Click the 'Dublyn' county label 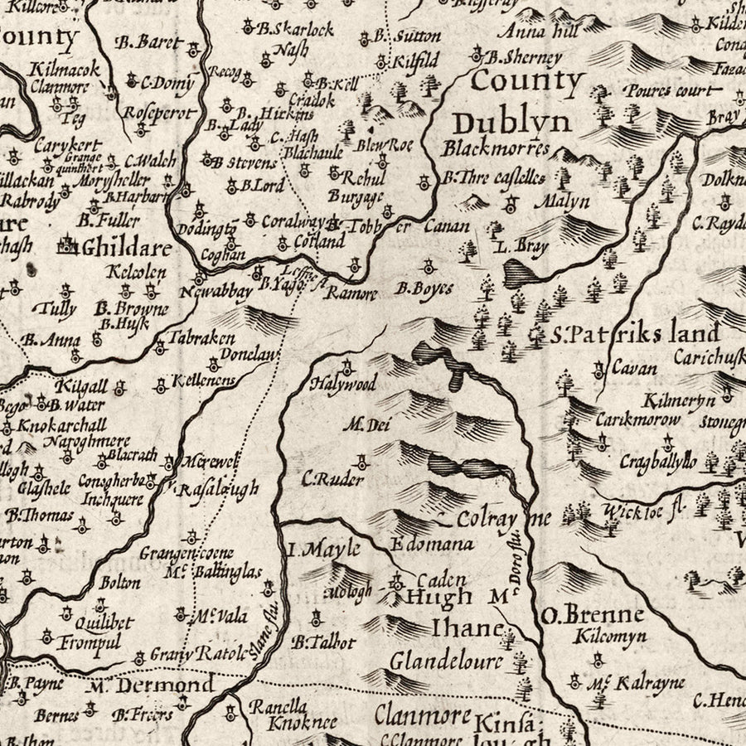[x=512, y=123]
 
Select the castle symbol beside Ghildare [x=67, y=245]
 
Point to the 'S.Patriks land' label [x=635, y=335]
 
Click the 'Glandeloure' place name [x=446, y=661]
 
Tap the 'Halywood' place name [x=343, y=384]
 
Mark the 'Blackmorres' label [x=496, y=149]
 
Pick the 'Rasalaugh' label [x=219, y=487]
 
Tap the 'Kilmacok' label [x=55, y=69]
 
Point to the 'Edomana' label [x=430, y=545]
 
